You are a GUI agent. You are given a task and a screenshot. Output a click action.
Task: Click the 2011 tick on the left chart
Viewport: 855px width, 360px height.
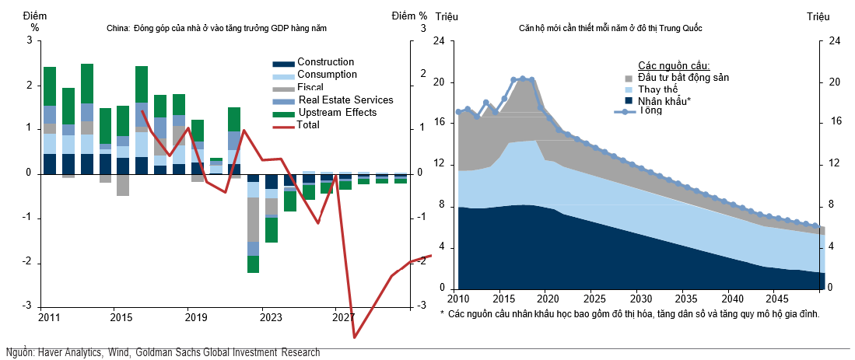50,317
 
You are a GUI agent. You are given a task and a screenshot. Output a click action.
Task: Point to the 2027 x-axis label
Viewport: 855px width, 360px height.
343,317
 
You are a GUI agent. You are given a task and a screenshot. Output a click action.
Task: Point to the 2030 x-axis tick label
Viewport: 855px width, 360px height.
639,299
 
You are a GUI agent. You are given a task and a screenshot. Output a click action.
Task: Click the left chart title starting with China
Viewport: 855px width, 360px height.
217,29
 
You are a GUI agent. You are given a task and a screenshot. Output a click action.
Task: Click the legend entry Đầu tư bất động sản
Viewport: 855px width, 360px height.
683,78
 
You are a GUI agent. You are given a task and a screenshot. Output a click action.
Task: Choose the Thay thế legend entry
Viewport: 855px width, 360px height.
659,89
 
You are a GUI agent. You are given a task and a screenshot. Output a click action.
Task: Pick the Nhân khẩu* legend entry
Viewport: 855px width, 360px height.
664,101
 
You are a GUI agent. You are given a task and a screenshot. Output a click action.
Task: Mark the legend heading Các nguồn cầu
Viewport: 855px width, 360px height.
674,65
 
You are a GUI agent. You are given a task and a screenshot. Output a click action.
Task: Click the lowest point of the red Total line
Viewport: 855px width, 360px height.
355,337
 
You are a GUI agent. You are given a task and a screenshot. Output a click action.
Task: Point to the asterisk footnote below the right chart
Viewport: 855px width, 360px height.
629,314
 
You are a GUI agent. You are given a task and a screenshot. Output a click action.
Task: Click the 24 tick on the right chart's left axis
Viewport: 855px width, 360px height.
439,41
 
